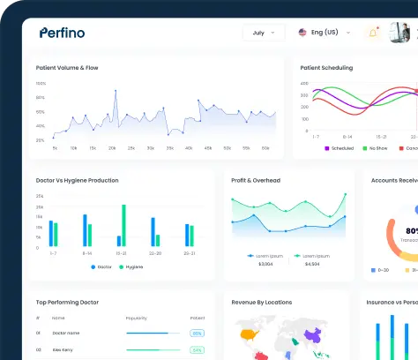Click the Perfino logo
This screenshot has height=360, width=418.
tap(62, 33)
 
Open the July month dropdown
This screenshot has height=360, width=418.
tap(264, 33)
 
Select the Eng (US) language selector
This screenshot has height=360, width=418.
tap(318, 33)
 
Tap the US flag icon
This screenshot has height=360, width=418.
tap(303, 33)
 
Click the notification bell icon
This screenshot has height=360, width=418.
tap(373, 33)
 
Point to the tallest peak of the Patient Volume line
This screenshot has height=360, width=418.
tap(115, 89)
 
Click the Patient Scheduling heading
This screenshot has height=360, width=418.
tap(326, 68)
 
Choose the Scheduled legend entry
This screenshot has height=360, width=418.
tap(339, 148)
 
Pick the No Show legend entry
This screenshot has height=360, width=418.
tap(375, 148)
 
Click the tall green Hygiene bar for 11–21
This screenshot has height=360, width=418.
tap(123, 226)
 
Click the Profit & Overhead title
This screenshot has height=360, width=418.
tap(256, 180)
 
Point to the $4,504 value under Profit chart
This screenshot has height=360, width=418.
tap(311, 264)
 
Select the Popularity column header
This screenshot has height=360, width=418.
tap(137, 317)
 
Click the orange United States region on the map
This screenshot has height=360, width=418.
tap(248, 334)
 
